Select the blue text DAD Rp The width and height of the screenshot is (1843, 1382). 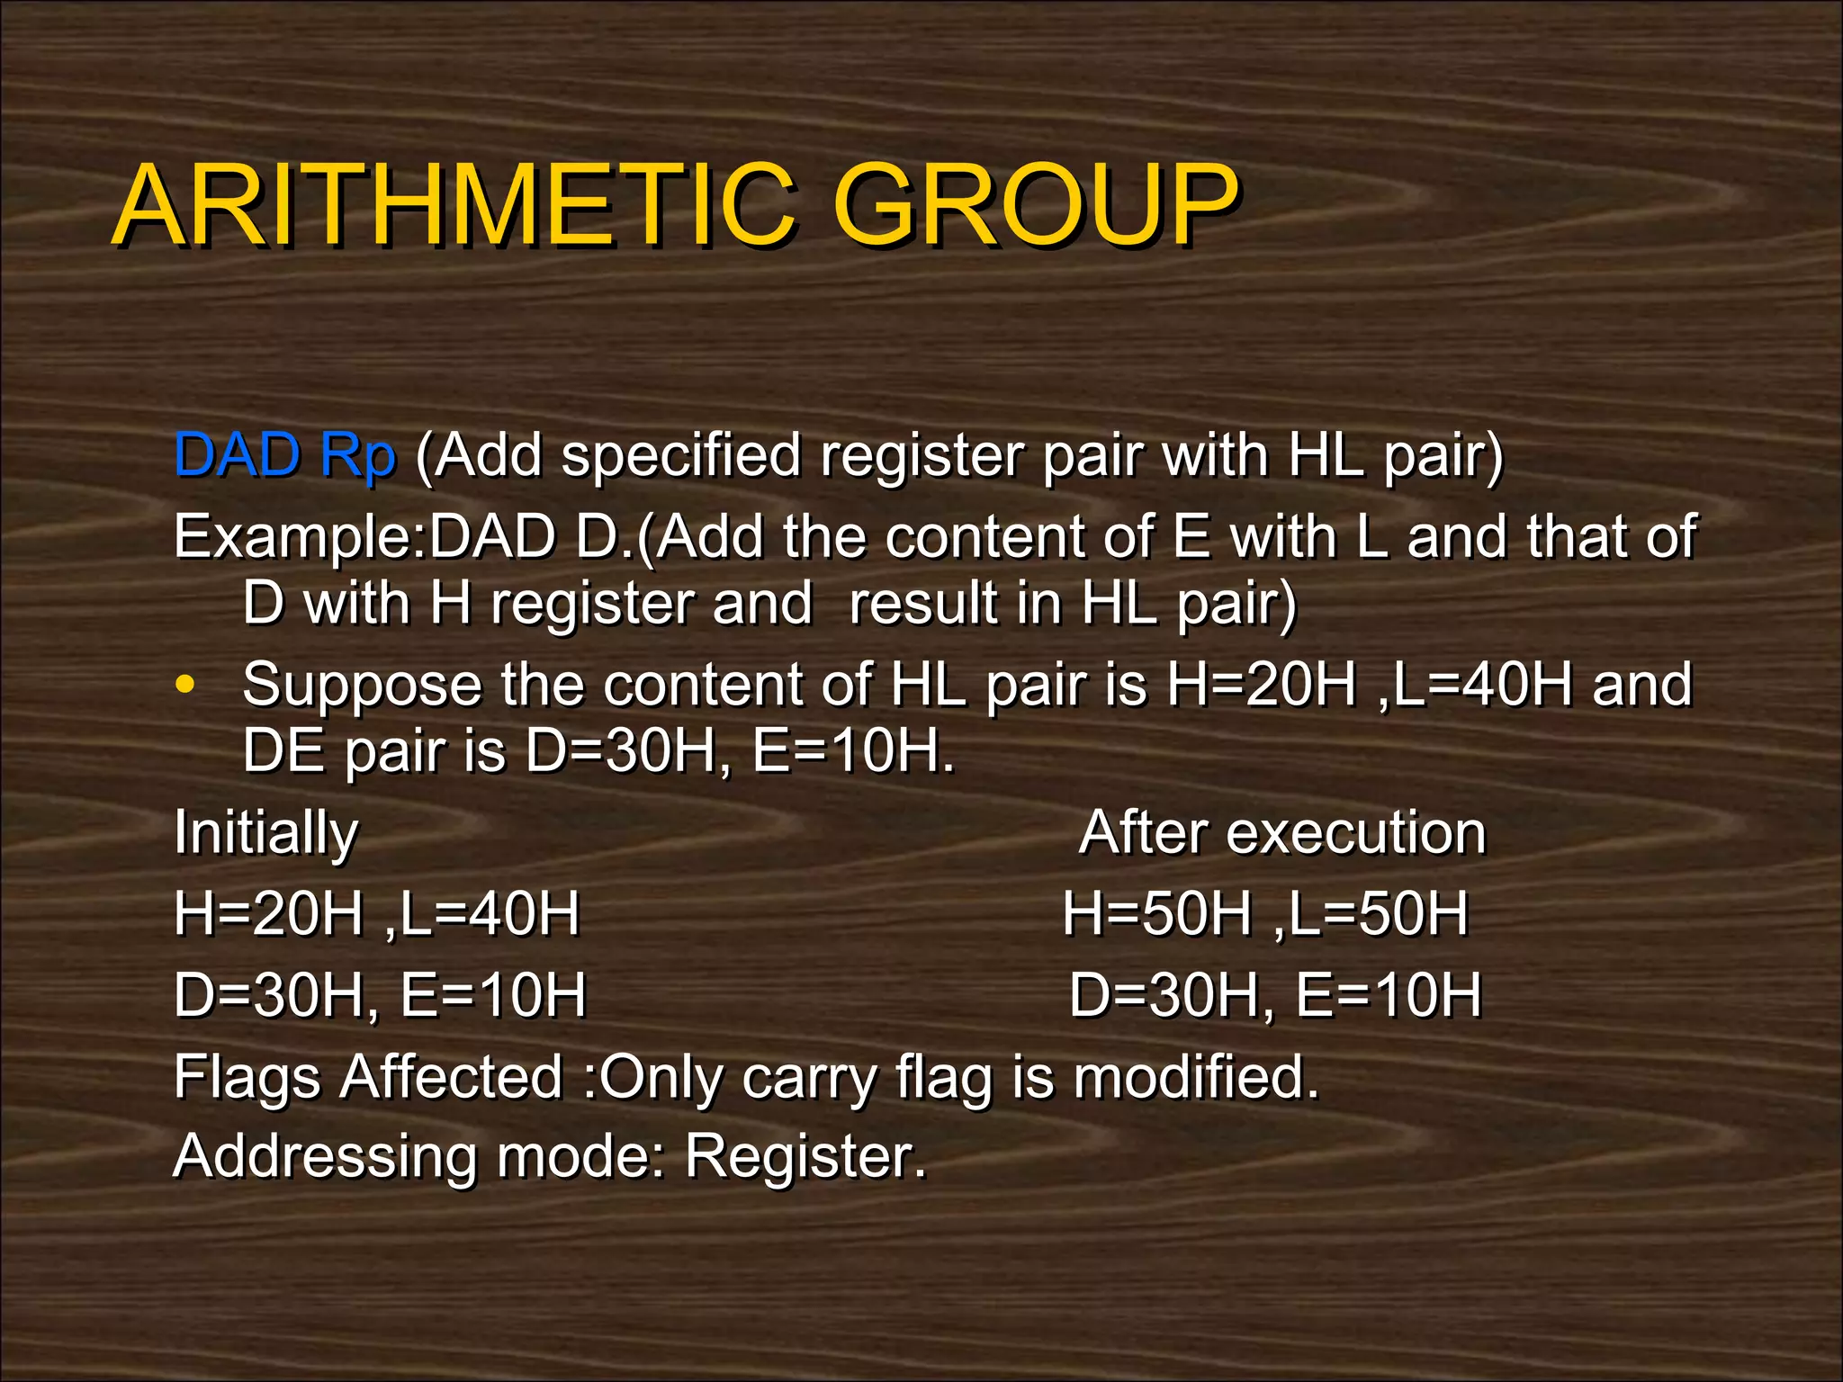point(284,454)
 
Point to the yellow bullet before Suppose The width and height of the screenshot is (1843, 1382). point(185,684)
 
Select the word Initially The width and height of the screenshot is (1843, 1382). point(265,834)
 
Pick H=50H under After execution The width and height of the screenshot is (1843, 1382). point(1156,913)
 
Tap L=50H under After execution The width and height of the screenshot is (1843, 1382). point(1378,913)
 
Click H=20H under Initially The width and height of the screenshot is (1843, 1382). point(267,913)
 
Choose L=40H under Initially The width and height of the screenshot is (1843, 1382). point(490,913)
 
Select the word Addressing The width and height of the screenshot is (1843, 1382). point(324,1158)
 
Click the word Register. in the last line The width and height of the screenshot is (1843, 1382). point(805,1158)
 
